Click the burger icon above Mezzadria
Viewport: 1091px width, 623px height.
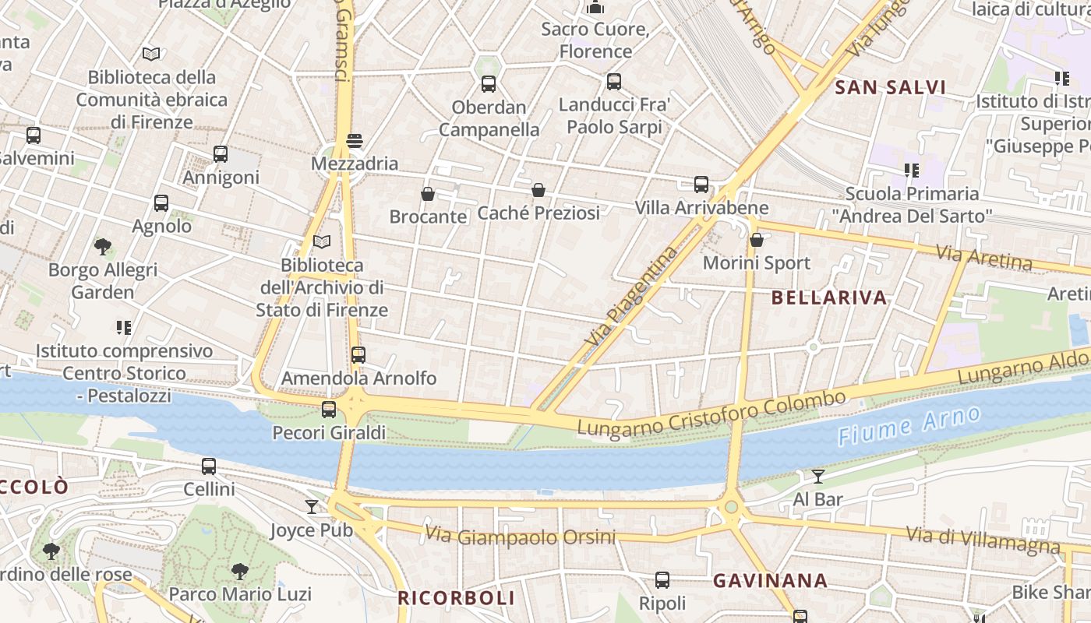tap(355, 141)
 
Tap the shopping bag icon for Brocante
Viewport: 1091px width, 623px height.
tap(427, 193)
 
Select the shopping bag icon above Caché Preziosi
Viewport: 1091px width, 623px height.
tap(538, 189)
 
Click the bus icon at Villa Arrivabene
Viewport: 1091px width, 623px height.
tap(701, 185)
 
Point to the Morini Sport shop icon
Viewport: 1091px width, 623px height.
tap(756, 240)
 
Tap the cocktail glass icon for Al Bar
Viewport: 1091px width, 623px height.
tap(817, 476)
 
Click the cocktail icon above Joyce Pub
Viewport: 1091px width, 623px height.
tap(312, 507)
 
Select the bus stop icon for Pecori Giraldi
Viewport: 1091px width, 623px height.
tap(329, 410)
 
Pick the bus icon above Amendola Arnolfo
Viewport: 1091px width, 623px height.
tap(358, 355)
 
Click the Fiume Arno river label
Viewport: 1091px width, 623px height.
tap(909, 425)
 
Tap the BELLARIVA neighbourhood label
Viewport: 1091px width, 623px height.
tap(829, 297)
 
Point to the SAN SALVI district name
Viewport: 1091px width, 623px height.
tap(890, 87)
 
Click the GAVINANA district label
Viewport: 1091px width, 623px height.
tap(770, 580)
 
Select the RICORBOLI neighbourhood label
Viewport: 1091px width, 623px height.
tap(456, 598)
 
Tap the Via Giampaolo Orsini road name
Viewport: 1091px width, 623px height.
tap(520, 537)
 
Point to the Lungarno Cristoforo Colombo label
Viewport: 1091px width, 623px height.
tap(711, 414)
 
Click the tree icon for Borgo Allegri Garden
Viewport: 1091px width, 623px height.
tap(102, 247)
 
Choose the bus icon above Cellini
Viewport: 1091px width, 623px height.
tap(209, 466)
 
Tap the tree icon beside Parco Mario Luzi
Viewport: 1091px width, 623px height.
tap(240, 571)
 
